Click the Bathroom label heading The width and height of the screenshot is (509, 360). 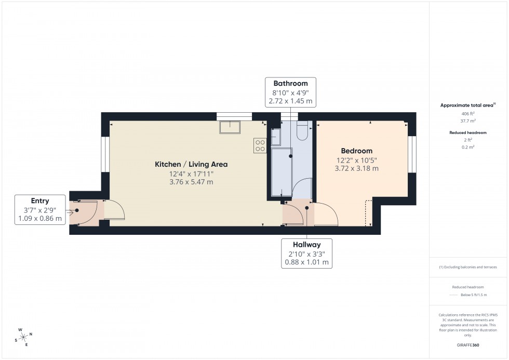tap(290, 83)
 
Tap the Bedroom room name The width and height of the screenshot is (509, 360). tap(357, 151)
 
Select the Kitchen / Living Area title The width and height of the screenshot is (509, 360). tap(191, 164)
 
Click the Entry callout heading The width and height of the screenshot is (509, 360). tap(40, 201)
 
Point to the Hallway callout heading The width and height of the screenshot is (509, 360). tap(306, 245)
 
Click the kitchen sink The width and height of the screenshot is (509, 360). tap(230, 127)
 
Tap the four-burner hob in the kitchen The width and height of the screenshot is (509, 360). tap(260, 146)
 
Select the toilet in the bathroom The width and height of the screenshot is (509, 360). tap(302, 131)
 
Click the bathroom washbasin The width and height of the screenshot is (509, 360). tap(276, 137)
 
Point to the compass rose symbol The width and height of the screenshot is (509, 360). tap(23, 337)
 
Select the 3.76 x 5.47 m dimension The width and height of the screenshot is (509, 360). tap(191, 182)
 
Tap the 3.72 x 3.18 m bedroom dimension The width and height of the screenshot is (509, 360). tap(357, 168)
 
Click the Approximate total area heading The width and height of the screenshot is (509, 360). tap(467, 105)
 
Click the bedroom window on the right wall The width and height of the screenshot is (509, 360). tap(412, 154)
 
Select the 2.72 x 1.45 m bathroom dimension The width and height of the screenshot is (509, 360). tap(290, 101)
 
